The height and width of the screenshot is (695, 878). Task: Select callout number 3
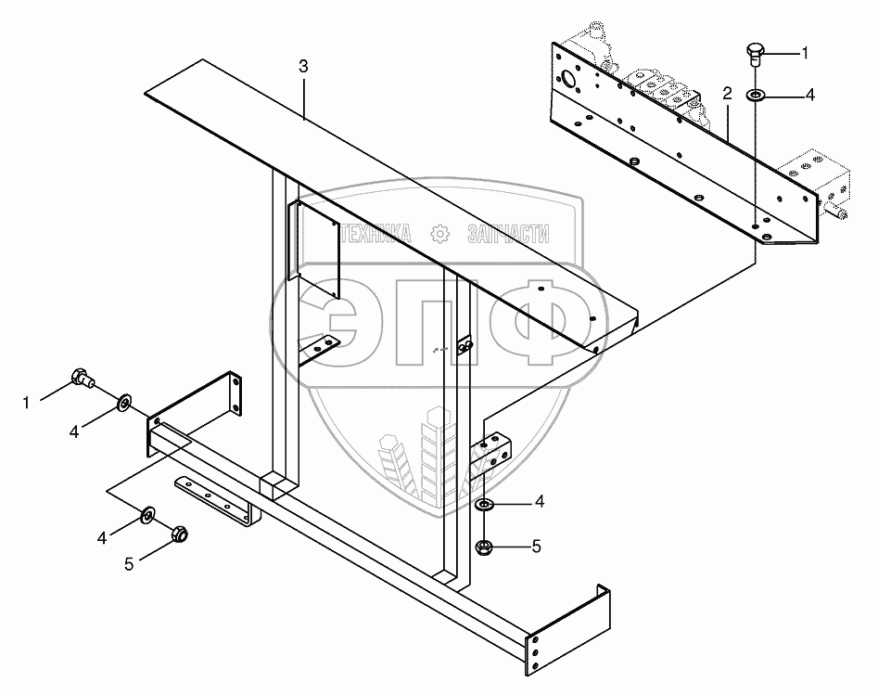[303, 66]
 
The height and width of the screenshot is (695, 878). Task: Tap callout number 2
[728, 93]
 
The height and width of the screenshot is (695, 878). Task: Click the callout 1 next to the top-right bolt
[805, 54]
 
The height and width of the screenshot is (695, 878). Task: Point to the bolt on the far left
[82, 378]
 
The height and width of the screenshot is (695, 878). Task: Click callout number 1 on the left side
[27, 402]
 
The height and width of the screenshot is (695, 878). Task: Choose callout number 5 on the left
[129, 562]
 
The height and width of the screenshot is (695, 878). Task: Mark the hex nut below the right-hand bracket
[484, 547]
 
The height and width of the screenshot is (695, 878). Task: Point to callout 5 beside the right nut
[536, 547]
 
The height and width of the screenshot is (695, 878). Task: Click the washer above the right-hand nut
[484, 505]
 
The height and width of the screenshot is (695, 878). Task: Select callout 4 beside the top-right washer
[809, 94]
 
